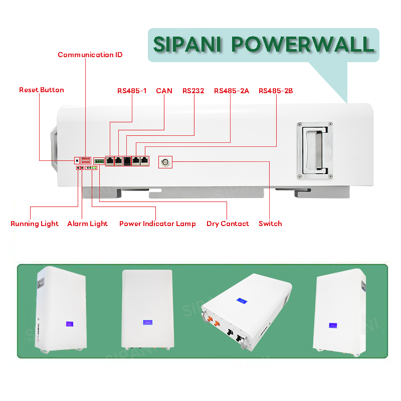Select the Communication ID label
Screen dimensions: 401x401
(x=90, y=55)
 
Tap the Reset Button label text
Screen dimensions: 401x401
(x=42, y=90)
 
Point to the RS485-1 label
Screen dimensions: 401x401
(x=132, y=91)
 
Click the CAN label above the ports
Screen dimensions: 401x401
(x=164, y=91)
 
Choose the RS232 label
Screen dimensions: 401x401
(x=193, y=91)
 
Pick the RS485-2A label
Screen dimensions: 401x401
(x=231, y=91)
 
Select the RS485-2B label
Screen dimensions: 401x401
(x=276, y=91)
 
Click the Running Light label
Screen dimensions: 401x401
(x=35, y=224)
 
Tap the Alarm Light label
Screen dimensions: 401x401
(x=87, y=224)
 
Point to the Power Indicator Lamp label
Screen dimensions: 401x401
(x=157, y=224)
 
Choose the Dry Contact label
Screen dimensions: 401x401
(x=228, y=224)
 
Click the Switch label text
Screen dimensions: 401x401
(x=270, y=224)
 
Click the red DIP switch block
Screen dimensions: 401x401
(x=86, y=160)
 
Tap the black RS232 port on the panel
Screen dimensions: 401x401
(x=127, y=161)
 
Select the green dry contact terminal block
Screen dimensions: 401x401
(x=99, y=161)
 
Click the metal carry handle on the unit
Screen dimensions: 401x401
(x=314, y=150)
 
